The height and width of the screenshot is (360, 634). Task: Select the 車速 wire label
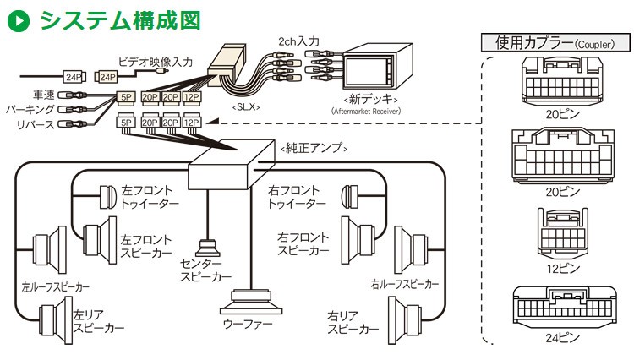44,95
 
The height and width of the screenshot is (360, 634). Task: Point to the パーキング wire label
31,110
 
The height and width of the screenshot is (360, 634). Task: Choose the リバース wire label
36,125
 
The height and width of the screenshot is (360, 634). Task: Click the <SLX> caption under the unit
245,107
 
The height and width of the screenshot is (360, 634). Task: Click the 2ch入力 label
298,41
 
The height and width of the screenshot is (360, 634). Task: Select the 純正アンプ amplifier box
221,173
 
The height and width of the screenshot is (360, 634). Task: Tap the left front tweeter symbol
107,197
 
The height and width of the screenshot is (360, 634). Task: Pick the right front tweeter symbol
351,197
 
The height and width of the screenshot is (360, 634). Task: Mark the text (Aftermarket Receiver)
365,111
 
